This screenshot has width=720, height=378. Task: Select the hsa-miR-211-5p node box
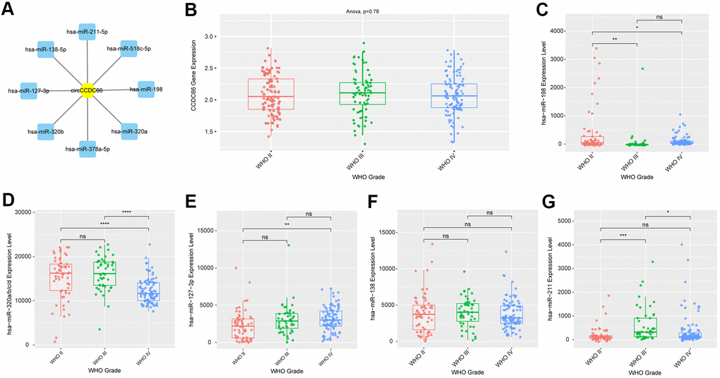86,33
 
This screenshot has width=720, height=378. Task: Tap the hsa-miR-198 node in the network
146,90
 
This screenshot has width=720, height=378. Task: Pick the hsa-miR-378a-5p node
88,148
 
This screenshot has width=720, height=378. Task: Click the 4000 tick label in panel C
571,31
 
